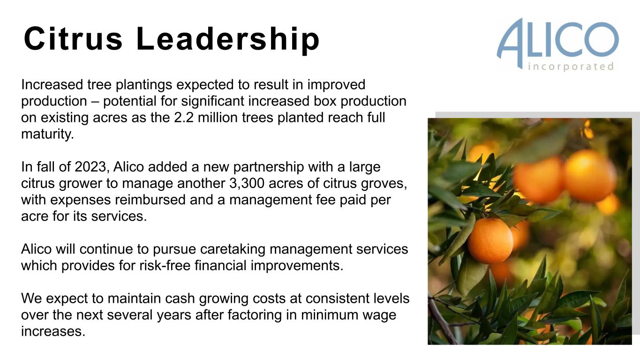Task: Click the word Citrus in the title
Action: pos(73,38)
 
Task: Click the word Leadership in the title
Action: pos(228,39)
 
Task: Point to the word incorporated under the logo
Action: pos(571,67)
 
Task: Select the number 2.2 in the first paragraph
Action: pos(184,118)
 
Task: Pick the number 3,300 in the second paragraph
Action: pos(247,183)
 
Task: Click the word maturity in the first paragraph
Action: pos(47,134)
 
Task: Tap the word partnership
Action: pos(268,167)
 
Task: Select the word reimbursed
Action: pos(151,199)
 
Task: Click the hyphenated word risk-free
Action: pos(165,265)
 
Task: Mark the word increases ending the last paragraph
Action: pos(53,331)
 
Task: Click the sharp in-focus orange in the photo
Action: pos(490,240)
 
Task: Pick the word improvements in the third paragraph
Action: pos(297,266)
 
